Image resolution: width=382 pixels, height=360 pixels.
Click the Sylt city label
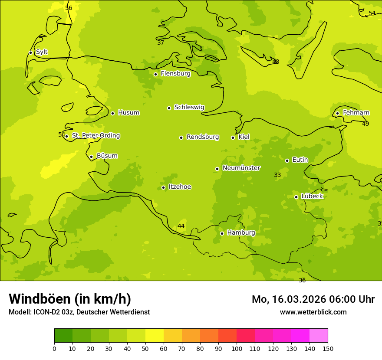point(42,52)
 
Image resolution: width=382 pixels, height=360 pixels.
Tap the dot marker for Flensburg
point(155,74)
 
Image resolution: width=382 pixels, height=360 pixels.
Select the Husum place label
point(128,113)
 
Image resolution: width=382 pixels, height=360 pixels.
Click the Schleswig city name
point(189,107)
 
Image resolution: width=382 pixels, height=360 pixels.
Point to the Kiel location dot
point(233,137)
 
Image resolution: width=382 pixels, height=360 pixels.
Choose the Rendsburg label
point(203,137)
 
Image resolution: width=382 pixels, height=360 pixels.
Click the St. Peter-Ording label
point(96,136)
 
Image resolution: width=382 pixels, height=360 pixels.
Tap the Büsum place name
point(107,156)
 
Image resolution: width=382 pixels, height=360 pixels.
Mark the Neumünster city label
point(241,168)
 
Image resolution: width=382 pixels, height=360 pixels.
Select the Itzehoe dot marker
point(163,188)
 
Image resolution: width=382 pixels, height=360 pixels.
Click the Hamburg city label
point(241,232)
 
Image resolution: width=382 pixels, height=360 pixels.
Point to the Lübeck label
point(312,196)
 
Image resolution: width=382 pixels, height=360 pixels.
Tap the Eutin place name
point(300,160)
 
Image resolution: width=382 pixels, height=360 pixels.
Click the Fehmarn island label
point(356,113)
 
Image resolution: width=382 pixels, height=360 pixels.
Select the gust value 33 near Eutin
point(277,175)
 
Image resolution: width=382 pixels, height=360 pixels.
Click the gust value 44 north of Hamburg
point(181,226)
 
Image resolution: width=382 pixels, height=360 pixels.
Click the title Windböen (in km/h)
point(70,299)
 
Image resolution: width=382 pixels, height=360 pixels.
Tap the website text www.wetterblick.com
point(313,312)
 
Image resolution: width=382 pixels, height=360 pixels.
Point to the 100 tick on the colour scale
point(237,348)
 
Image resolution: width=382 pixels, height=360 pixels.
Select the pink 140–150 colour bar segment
point(319,335)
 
